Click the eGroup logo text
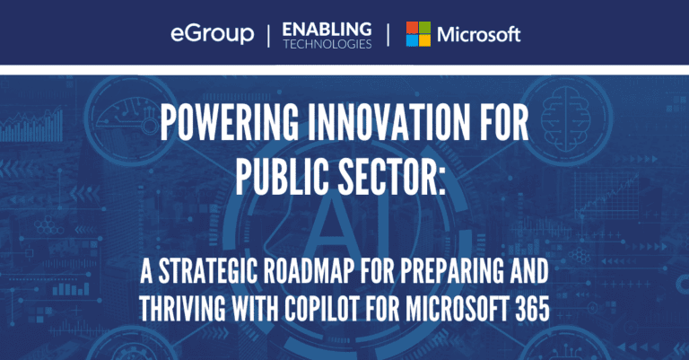click(x=213, y=34)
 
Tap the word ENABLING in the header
click(x=327, y=30)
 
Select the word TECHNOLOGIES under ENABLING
click(x=327, y=44)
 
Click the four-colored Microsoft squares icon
click(x=418, y=34)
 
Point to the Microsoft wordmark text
click(x=479, y=35)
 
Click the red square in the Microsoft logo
click(x=412, y=27)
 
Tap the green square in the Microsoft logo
click(x=425, y=27)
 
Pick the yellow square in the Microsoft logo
click(x=425, y=40)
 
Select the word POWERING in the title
click(x=229, y=124)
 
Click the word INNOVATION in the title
click(x=388, y=124)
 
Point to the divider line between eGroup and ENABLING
click(x=268, y=36)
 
